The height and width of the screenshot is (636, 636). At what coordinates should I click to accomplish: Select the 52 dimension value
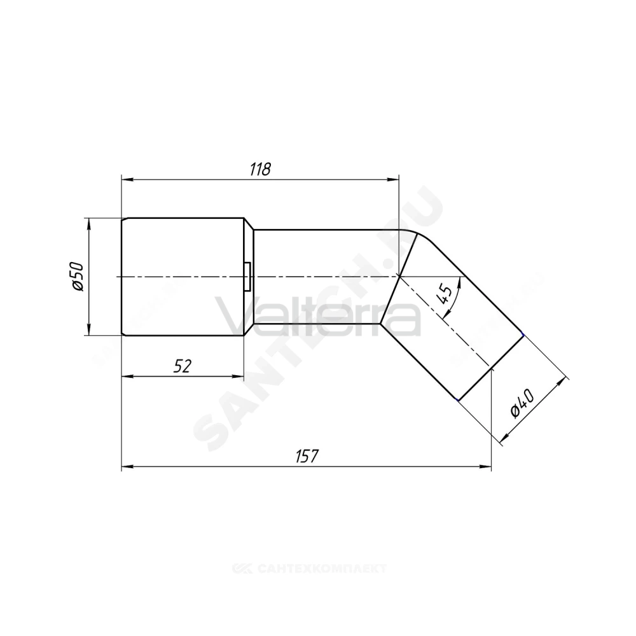182,366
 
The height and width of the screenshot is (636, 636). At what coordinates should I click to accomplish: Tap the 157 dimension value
307,456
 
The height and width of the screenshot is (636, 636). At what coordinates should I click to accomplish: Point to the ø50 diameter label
77,277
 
